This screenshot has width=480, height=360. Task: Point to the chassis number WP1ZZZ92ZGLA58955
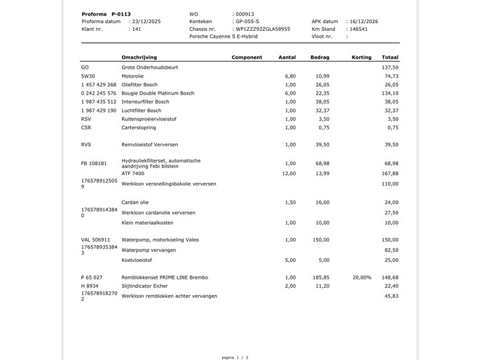click(x=262, y=29)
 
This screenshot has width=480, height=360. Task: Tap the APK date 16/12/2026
click(x=363, y=21)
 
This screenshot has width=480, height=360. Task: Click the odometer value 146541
click(x=358, y=29)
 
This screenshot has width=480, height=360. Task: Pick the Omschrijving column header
click(x=139, y=57)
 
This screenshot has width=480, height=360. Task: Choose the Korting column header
click(x=362, y=57)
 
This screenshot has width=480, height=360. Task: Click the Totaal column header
click(x=390, y=57)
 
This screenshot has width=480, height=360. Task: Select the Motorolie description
click(x=132, y=76)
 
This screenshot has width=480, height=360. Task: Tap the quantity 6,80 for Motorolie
click(x=290, y=76)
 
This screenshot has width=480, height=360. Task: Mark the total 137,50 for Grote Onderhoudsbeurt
click(x=390, y=67)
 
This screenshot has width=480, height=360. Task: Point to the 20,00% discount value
click(x=362, y=277)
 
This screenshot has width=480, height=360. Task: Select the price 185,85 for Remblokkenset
click(x=322, y=277)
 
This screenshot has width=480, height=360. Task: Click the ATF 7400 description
click(x=132, y=173)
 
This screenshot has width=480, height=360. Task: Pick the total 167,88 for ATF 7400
click(x=390, y=173)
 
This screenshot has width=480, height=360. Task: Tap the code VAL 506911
click(x=95, y=240)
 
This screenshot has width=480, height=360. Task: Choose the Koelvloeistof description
click(x=137, y=260)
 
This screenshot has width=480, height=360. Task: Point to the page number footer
click(x=235, y=356)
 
